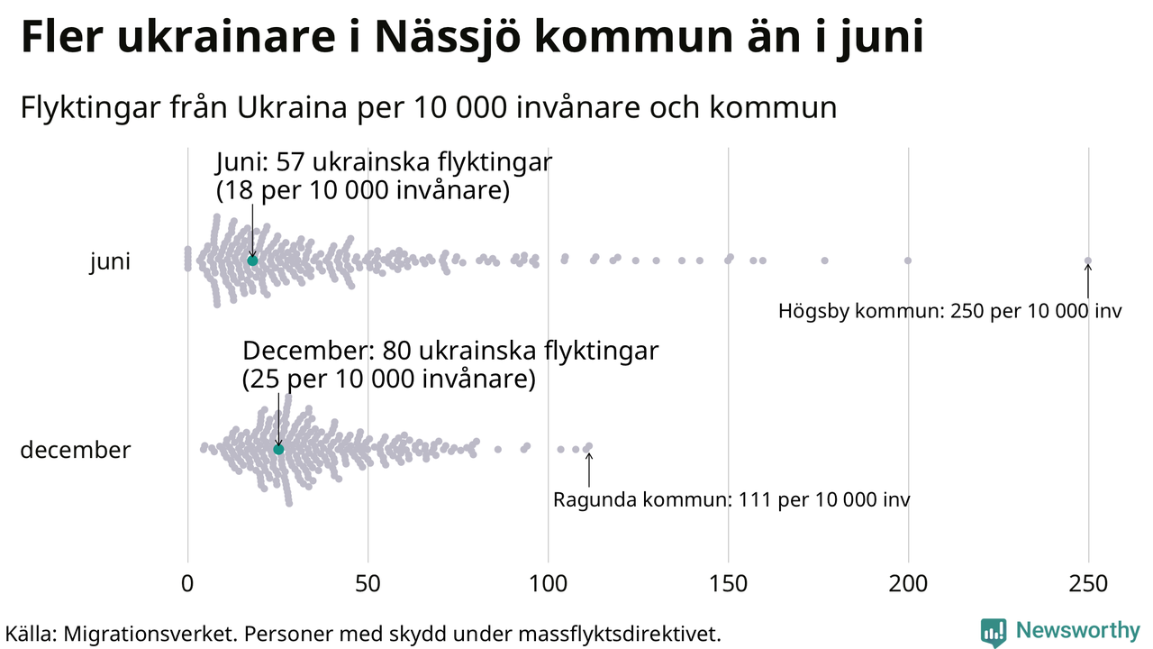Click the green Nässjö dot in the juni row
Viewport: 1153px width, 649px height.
(x=252, y=261)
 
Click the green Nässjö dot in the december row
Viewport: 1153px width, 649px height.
(x=278, y=449)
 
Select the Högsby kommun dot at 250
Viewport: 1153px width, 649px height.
(x=1087, y=261)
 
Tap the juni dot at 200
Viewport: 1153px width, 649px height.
(x=908, y=261)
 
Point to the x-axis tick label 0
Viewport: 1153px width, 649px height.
(x=187, y=584)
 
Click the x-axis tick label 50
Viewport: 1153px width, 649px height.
(x=368, y=584)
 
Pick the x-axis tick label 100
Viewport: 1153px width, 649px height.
(x=548, y=584)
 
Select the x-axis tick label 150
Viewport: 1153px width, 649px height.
(x=728, y=584)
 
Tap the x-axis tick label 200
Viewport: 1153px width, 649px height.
(x=908, y=584)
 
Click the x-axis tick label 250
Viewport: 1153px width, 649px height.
(x=1088, y=584)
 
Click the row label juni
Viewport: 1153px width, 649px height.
(x=110, y=262)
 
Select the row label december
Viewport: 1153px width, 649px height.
(x=75, y=450)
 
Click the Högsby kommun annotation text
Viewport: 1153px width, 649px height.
(x=950, y=312)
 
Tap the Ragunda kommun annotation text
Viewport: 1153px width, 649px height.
(x=731, y=499)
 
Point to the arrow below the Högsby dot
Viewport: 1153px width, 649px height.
(x=1087, y=281)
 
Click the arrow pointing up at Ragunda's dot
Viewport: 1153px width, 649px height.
(x=589, y=469)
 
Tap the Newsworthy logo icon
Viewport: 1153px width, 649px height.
(x=994, y=632)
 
